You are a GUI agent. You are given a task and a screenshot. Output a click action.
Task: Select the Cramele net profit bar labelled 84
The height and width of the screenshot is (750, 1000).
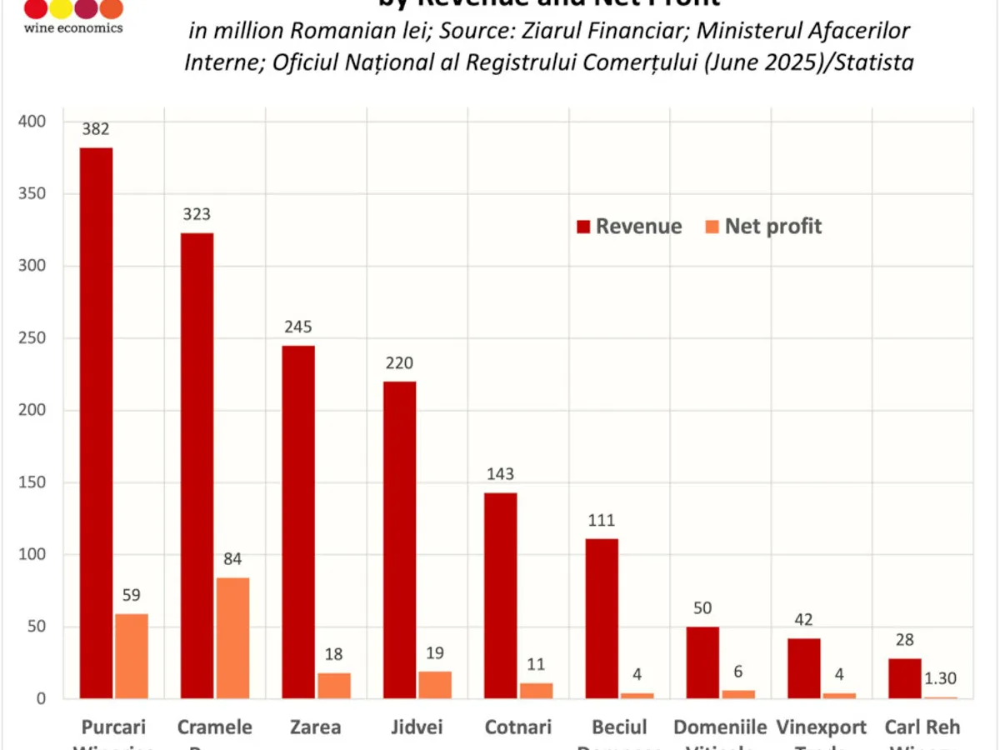pyautogui.click(x=232, y=637)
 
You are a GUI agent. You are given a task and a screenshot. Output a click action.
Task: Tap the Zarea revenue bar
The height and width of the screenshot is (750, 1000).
pyautogui.click(x=298, y=522)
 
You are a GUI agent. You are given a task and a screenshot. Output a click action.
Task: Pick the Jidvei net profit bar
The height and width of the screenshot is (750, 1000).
pyautogui.click(x=434, y=684)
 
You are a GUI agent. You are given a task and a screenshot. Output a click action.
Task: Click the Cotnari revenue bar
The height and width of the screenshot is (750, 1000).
pyautogui.click(x=501, y=595)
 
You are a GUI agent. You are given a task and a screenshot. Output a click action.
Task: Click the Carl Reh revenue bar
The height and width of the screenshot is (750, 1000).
pyautogui.click(x=905, y=678)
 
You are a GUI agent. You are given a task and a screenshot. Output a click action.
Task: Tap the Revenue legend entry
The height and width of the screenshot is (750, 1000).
pyautogui.click(x=629, y=227)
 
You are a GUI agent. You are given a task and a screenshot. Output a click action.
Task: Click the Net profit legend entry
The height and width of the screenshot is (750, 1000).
pyautogui.click(x=763, y=227)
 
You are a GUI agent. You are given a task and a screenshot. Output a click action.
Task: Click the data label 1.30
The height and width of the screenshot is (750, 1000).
pyautogui.click(x=941, y=678)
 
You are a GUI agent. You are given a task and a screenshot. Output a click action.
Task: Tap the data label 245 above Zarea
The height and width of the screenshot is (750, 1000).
pyautogui.click(x=297, y=327)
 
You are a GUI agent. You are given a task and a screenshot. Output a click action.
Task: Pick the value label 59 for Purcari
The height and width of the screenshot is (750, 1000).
pyautogui.click(x=131, y=595)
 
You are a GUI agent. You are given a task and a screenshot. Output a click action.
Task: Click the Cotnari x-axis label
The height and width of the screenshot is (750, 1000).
pyautogui.click(x=518, y=727)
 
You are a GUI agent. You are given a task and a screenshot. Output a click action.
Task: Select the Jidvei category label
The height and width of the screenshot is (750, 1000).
pyautogui.click(x=417, y=727)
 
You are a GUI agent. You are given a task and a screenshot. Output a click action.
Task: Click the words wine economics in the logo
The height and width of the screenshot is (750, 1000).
pyautogui.click(x=73, y=27)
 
